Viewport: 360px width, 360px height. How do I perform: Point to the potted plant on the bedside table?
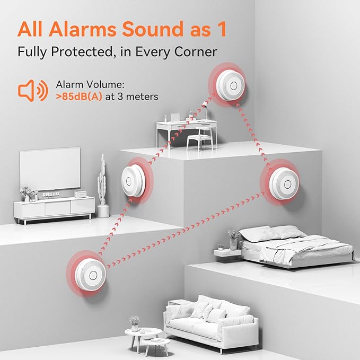[233, 240]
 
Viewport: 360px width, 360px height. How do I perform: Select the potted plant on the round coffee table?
[135, 322]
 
